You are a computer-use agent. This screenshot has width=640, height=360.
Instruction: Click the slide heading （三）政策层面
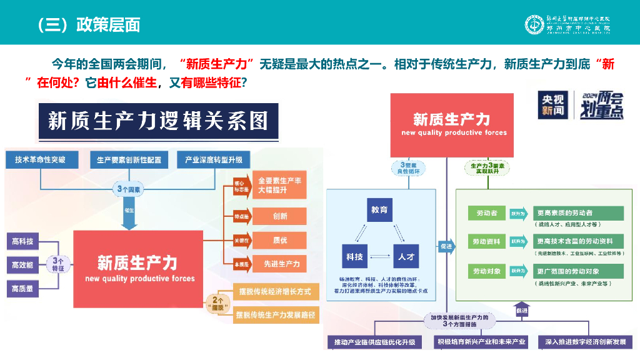point(87,24)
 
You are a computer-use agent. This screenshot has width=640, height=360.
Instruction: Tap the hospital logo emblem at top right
point(535,24)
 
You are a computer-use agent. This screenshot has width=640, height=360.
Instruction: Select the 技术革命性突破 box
point(41,159)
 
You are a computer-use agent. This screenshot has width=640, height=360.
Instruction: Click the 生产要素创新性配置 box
point(129,159)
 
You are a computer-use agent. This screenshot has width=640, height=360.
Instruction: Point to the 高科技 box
point(22,241)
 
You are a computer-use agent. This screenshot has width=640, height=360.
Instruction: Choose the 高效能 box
point(22,265)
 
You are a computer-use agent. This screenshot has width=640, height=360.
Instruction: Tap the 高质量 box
point(22,288)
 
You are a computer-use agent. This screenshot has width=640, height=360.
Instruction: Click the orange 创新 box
point(280,216)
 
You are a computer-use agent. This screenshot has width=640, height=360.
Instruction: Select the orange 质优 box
point(280,240)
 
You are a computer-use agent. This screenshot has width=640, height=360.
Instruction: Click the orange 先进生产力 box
point(280,264)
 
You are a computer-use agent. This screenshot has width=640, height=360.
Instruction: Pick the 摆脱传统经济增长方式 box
point(276,291)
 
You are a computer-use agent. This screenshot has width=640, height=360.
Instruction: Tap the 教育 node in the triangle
point(379,210)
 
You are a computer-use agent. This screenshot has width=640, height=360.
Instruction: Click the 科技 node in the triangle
point(354,256)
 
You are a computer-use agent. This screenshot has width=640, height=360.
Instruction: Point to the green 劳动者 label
point(486,213)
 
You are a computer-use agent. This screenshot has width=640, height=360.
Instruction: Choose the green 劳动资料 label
point(486,241)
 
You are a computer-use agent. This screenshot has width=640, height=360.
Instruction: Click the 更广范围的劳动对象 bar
point(577,271)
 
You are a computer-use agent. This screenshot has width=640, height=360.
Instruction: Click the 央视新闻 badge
point(552,106)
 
